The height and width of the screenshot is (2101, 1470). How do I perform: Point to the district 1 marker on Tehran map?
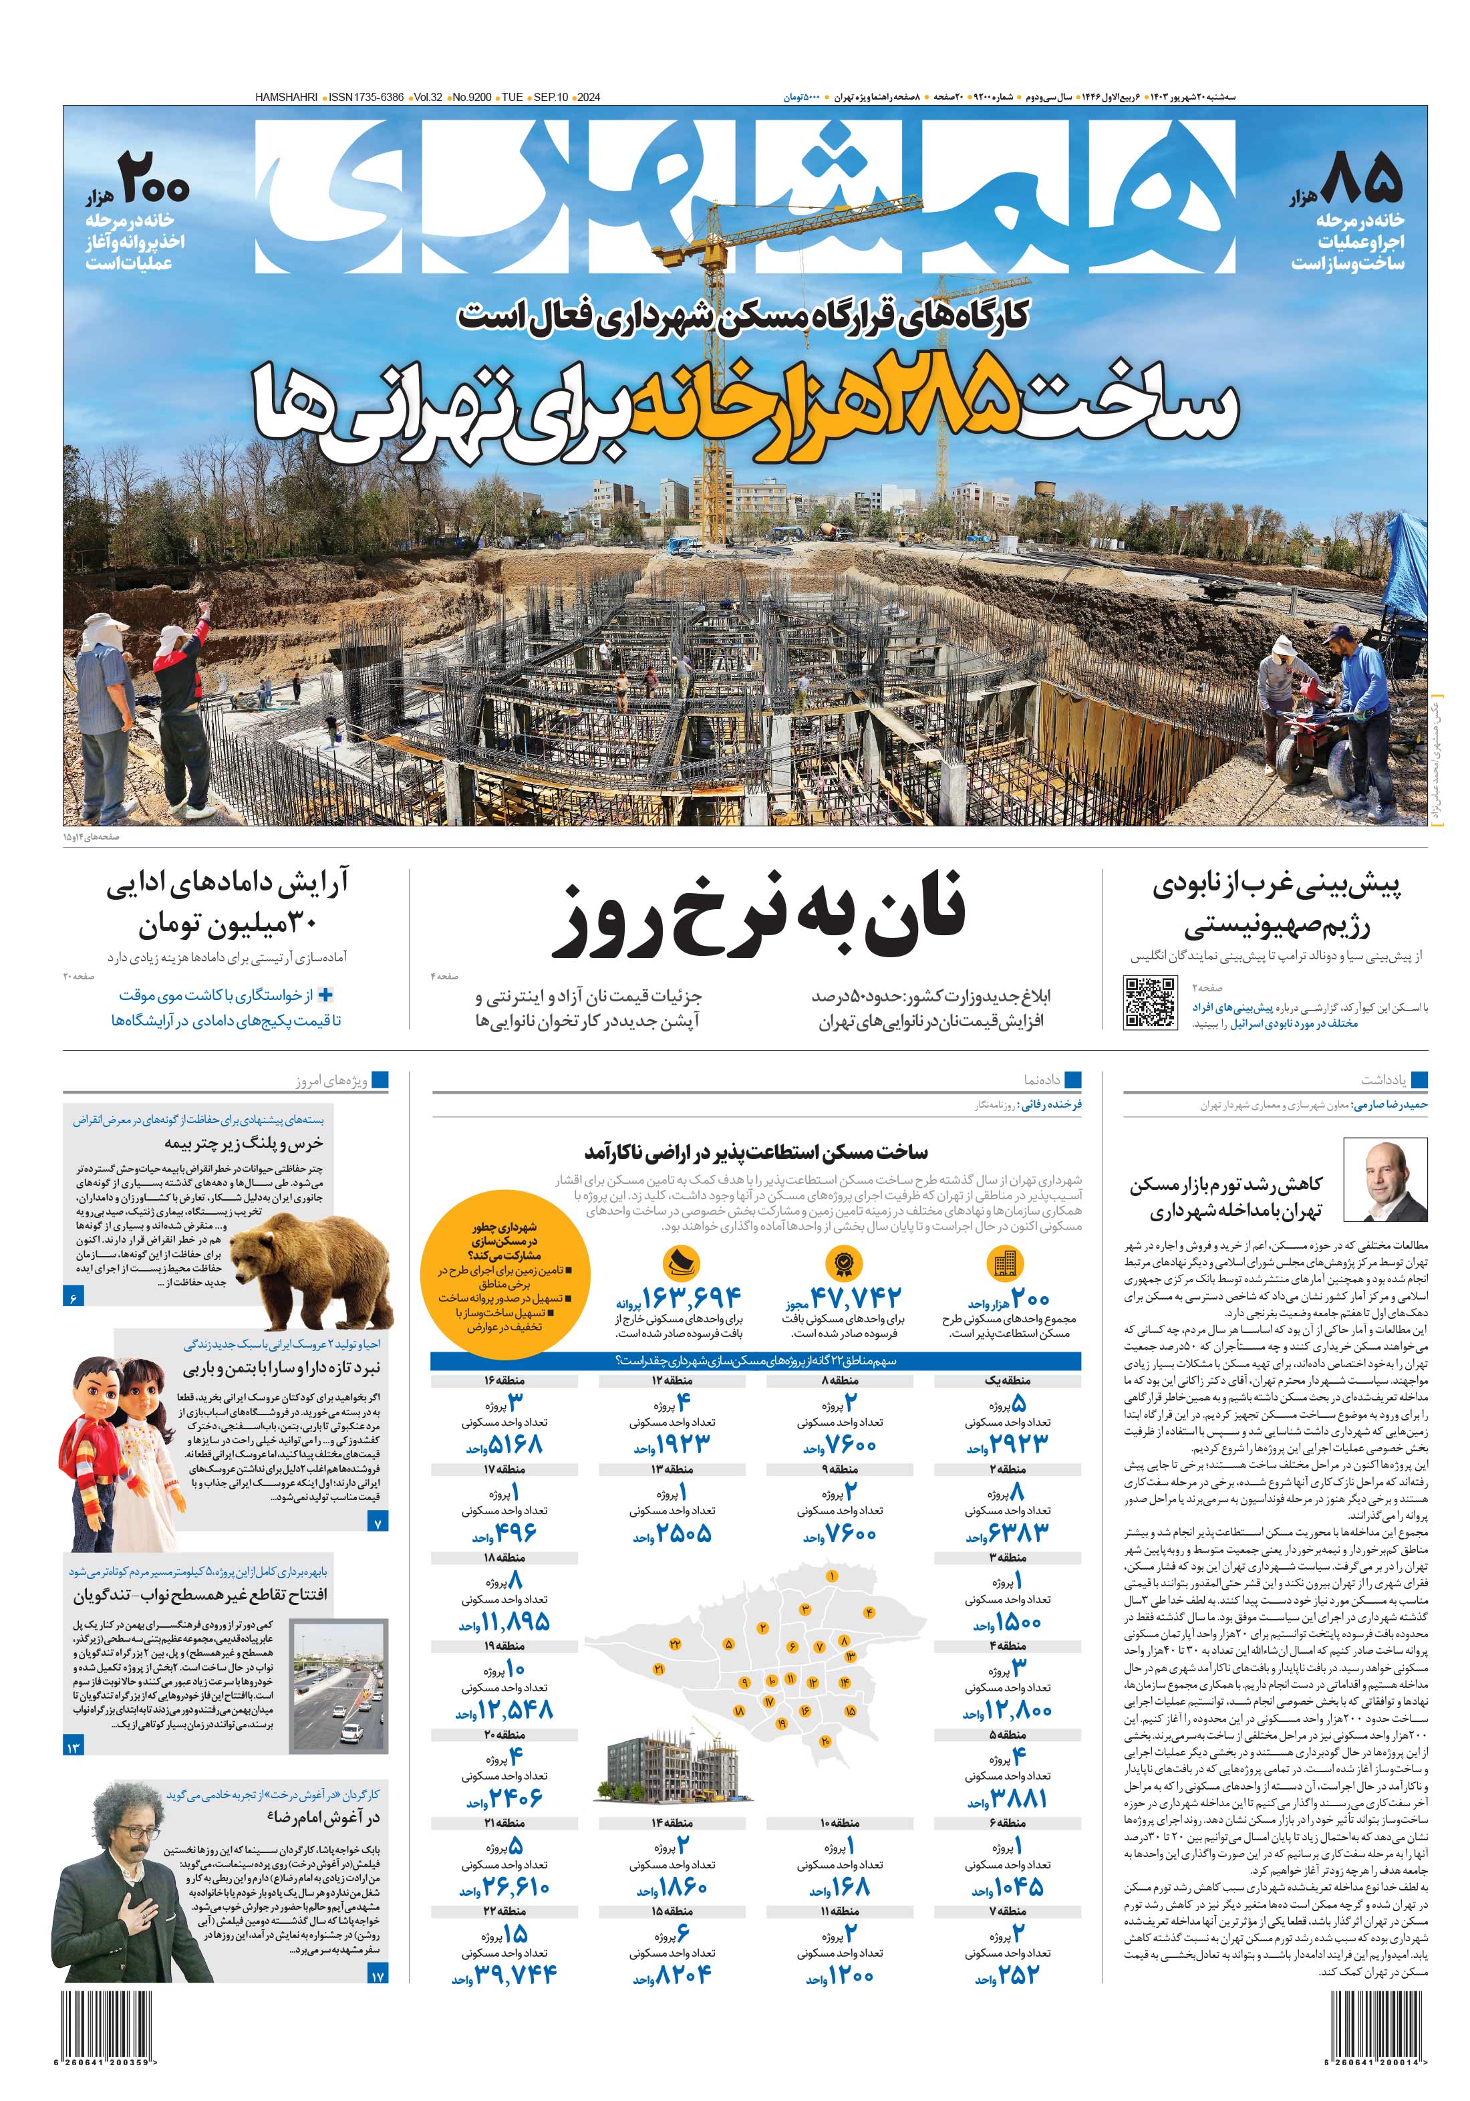[831, 1576]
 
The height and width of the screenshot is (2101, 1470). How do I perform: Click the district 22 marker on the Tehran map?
[675, 1644]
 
